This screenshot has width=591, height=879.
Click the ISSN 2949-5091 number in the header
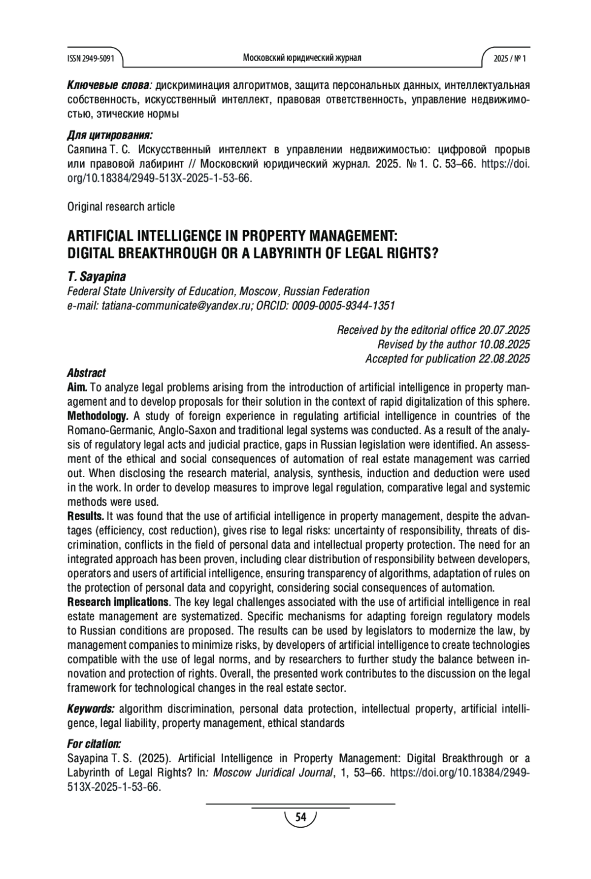tap(91, 59)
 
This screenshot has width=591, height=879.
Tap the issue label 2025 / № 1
tap(510, 59)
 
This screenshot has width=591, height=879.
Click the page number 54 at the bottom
tap(300, 818)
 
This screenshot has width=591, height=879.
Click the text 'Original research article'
tap(121, 207)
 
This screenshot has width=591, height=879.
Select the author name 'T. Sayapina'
tap(97, 277)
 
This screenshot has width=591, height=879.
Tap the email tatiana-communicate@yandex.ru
tap(177, 306)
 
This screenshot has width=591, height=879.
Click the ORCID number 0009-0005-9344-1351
tap(343, 306)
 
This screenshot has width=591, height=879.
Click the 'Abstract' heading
tap(86, 373)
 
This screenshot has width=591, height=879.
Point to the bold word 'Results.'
tap(86, 516)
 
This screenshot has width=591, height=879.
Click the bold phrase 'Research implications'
tap(118, 602)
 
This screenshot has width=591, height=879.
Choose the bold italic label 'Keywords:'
tap(91, 709)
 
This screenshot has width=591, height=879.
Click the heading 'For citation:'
tap(94, 743)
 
